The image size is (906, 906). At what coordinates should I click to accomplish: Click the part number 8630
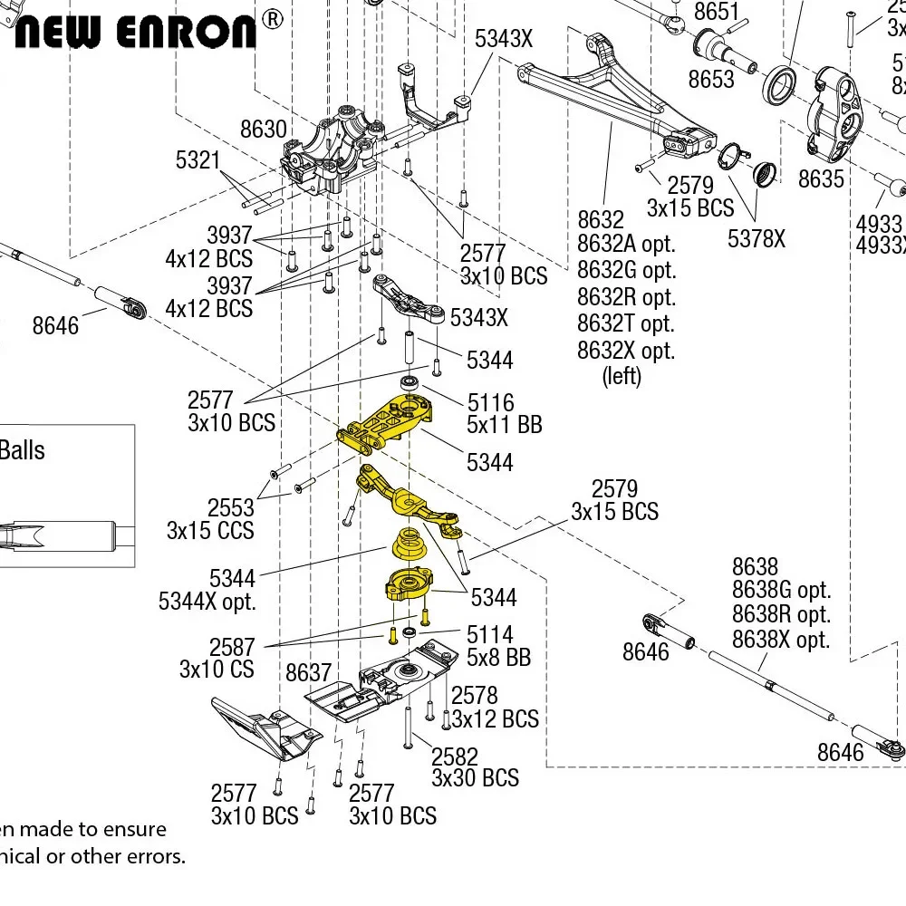[263, 130]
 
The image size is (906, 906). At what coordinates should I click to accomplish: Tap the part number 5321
[198, 161]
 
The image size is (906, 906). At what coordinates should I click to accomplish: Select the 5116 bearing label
[490, 401]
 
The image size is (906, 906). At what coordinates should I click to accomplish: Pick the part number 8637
[308, 672]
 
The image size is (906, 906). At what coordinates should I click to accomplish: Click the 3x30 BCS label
[475, 777]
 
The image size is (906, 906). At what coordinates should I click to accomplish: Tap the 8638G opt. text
[781, 591]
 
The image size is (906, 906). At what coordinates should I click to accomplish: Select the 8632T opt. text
[626, 323]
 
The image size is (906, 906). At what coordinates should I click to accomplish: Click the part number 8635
[821, 179]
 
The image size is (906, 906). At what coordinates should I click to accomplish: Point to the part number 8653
[711, 80]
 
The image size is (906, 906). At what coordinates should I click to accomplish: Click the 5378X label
[757, 239]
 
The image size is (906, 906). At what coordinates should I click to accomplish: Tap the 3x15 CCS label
[210, 530]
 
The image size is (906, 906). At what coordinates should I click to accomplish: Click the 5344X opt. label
[207, 601]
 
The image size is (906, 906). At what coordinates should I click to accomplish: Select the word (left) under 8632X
[622, 376]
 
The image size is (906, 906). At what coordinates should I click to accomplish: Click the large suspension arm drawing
[616, 100]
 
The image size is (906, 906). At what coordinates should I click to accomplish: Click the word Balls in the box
[22, 450]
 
